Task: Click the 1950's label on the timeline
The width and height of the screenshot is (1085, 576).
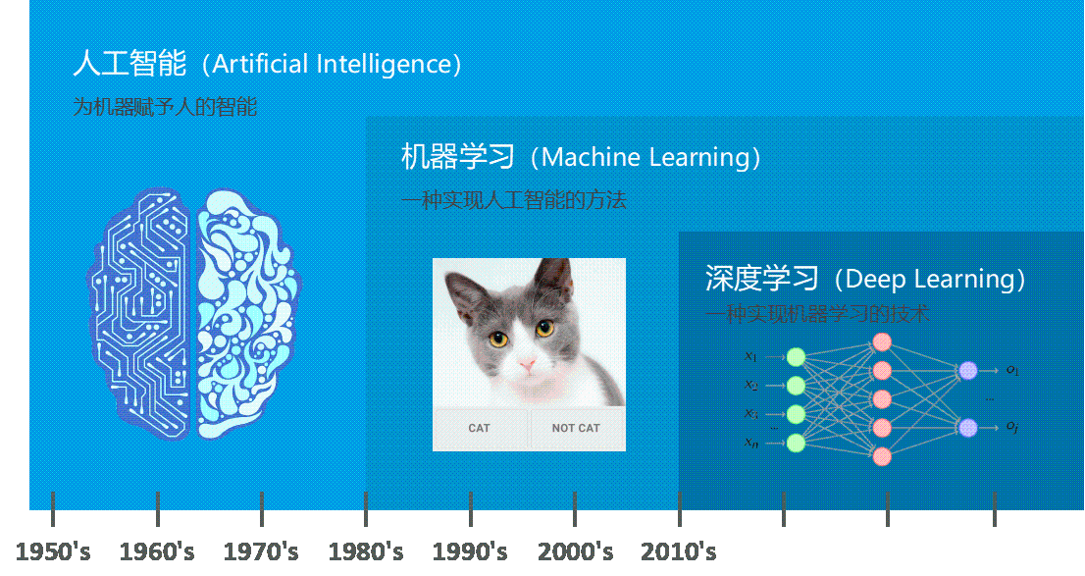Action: tap(54, 551)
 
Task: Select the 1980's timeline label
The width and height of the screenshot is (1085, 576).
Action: tap(365, 551)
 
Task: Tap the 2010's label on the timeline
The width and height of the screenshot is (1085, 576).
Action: tap(678, 551)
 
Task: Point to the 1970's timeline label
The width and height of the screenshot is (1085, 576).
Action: tap(261, 551)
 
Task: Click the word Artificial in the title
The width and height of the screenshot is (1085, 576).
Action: tap(259, 65)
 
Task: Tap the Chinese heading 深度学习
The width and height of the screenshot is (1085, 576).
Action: tap(761, 279)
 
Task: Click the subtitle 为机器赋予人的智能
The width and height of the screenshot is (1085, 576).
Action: tap(165, 107)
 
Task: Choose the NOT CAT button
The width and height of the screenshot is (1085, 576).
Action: tap(576, 428)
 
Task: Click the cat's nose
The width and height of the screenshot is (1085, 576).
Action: tap(528, 366)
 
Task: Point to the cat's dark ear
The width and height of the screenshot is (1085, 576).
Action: tap(552, 279)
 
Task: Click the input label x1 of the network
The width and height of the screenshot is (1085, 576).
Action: tap(750, 356)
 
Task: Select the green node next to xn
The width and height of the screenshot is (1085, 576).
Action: tap(796, 443)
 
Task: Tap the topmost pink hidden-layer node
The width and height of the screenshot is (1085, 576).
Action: tap(882, 341)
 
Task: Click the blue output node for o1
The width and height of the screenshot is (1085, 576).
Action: tap(968, 370)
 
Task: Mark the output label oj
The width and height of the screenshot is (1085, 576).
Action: tap(1012, 427)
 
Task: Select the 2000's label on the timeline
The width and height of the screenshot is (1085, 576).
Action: tap(576, 551)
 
